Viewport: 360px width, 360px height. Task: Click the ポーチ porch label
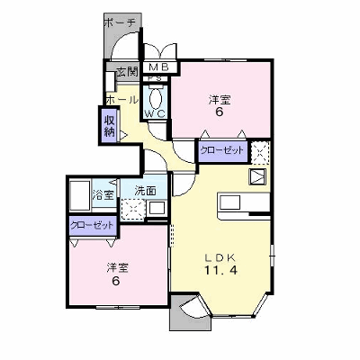tap(120, 23)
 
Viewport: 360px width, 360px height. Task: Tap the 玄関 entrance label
tap(127, 72)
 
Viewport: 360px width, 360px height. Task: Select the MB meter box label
tap(159, 67)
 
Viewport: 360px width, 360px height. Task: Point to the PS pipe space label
tap(156, 78)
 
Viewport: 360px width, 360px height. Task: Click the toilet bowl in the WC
tap(156, 99)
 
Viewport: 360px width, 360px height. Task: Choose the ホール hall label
tap(122, 100)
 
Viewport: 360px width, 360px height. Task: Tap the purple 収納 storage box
tap(110, 126)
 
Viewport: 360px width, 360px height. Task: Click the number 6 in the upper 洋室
tap(220, 112)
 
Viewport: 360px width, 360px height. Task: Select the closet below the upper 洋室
tap(223, 151)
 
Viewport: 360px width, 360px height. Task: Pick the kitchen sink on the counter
tap(230, 202)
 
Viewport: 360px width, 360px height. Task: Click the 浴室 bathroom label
tap(103, 195)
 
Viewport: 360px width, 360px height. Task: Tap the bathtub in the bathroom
tap(80, 195)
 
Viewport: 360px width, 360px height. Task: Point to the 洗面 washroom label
tap(145, 191)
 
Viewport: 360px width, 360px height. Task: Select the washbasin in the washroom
tap(157, 208)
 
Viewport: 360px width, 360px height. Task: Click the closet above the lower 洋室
tap(93, 225)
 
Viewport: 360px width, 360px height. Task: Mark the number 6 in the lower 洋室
tap(116, 281)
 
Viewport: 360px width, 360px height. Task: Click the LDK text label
tap(220, 257)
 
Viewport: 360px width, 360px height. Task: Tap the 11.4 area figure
tap(221, 271)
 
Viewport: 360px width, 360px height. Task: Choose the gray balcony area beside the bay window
tap(186, 312)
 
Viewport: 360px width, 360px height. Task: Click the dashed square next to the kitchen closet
tap(260, 153)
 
